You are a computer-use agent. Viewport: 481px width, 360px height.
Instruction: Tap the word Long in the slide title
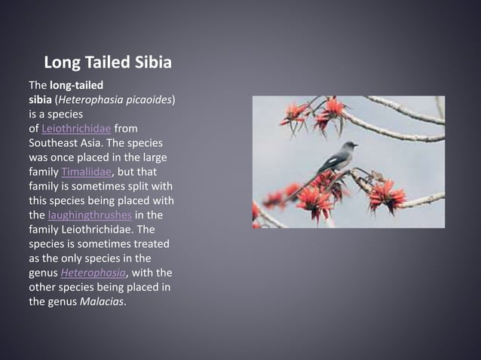[x=63, y=61]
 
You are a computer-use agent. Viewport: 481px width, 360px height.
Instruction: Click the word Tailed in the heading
[x=109, y=61]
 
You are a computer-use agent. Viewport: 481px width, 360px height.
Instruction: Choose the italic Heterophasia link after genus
[x=94, y=273]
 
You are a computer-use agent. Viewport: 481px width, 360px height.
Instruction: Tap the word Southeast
[x=54, y=143]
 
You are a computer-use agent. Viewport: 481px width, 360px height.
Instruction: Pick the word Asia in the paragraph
[x=93, y=143]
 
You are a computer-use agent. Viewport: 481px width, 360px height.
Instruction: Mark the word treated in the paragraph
[x=150, y=244]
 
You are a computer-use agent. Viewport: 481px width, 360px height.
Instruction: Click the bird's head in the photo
[x=350, y=146]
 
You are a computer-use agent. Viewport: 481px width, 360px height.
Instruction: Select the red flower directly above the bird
[x=331, y=111]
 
